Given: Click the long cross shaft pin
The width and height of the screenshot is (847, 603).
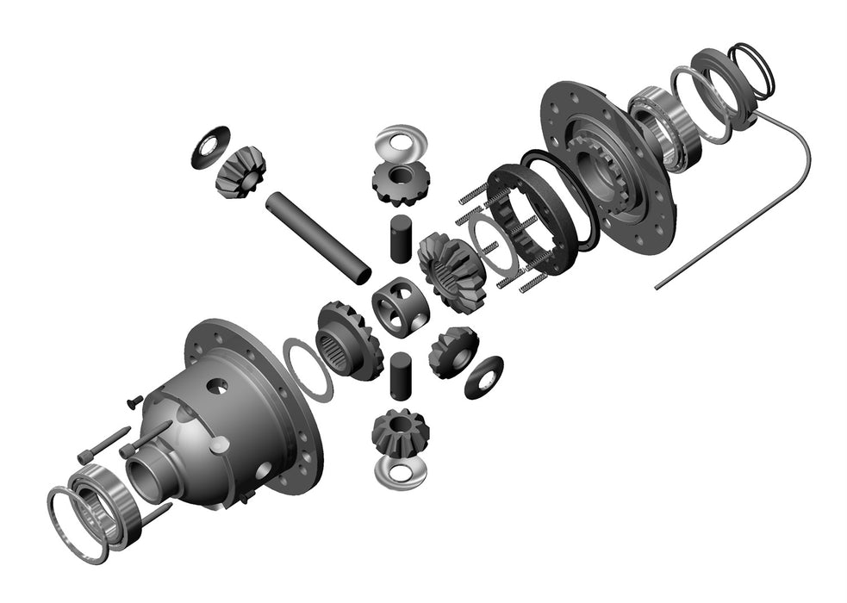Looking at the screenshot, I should click(317, 237).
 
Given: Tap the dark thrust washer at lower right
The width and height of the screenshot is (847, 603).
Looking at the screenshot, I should click(483, 376).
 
